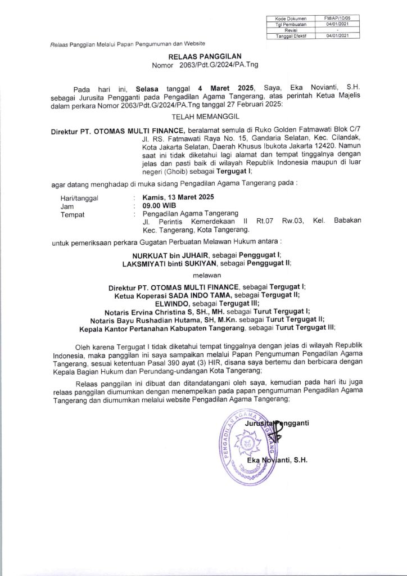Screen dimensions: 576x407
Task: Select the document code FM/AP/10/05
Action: [x=337, y=20]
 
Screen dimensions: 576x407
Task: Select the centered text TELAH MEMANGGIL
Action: [x=202, y=117]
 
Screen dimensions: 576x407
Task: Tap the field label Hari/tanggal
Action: [x=79, y=198]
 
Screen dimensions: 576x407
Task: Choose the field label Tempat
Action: [x=73, y=214]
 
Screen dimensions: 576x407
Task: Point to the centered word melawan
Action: [x=202, y=276]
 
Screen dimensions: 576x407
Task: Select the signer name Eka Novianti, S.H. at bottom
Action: [x=279, y=461]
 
